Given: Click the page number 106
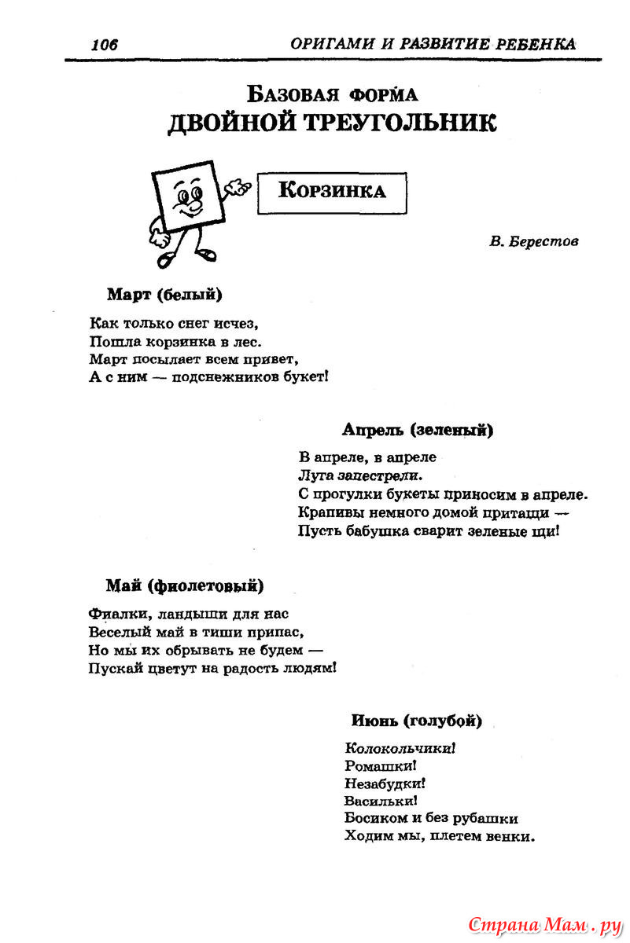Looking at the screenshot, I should pos(104,45).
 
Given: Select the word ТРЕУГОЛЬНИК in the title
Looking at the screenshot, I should pos(398,123).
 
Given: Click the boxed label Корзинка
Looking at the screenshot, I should pos(333,190).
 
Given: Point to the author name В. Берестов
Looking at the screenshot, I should pos(533,241).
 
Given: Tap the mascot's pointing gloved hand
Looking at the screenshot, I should pos(237,187).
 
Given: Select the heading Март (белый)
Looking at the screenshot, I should pos(164,295).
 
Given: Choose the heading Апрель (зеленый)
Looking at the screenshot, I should pos(418,430).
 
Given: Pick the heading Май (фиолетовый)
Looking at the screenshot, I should pos(185,585).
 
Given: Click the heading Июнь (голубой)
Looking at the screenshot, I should pos(416,720).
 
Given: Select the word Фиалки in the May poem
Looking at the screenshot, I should pos(115,613).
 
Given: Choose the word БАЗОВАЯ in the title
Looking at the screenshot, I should pos(294,95).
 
